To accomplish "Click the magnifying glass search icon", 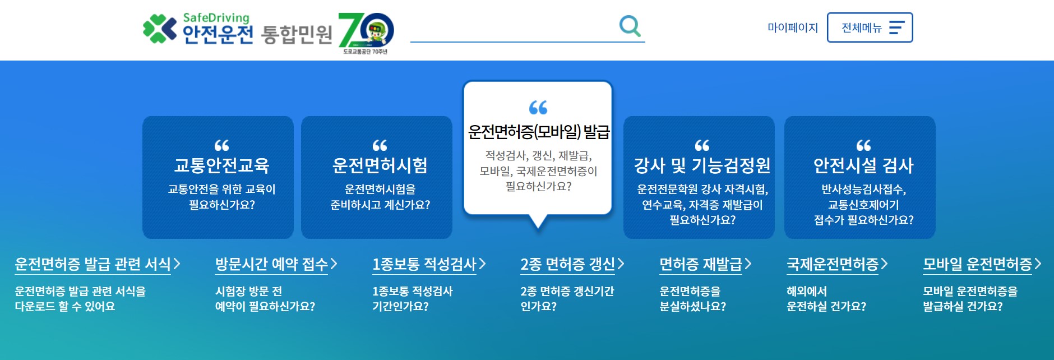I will (630, 26).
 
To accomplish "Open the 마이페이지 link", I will (792, 27).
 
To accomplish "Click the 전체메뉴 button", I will (870, 27).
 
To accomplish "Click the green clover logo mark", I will (159, 29).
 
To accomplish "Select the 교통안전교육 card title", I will (221, 165).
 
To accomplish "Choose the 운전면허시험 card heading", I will (380, 165).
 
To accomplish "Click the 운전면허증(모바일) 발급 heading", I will (538, 132).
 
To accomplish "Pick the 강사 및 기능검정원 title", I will (702, 165).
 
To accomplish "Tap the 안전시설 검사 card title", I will (863, 165).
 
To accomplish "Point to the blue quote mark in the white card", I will (538, 107).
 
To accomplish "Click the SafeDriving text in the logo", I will (216, 17).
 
